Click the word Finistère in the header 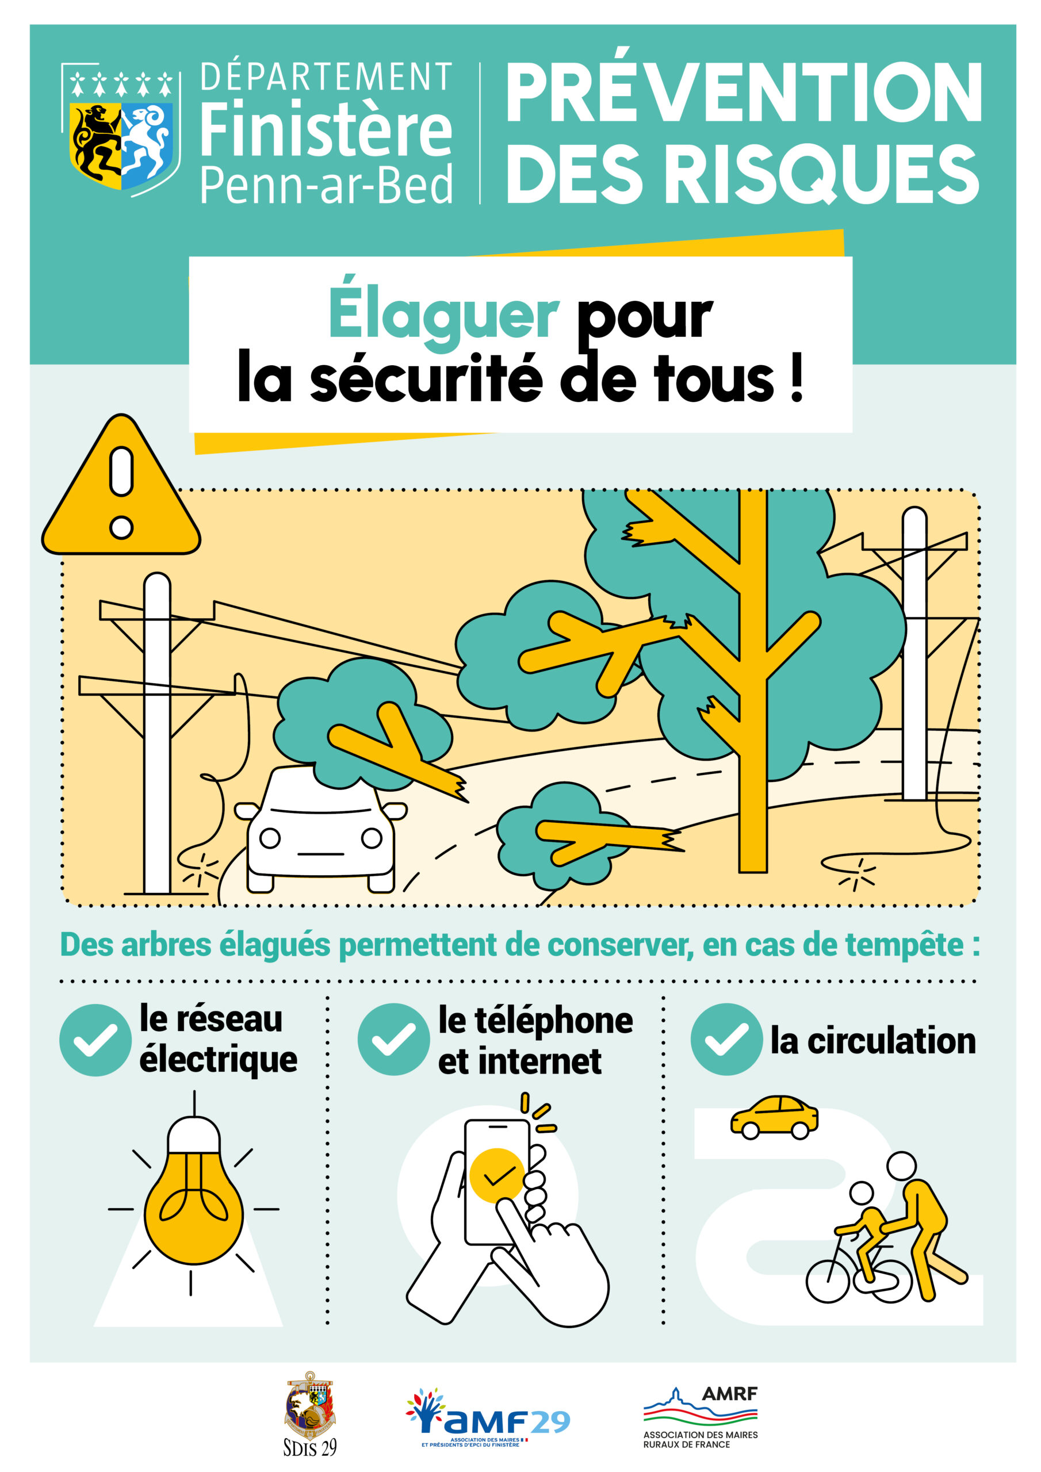(x=326, y=129)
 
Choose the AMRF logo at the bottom (x=701, y=1417)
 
